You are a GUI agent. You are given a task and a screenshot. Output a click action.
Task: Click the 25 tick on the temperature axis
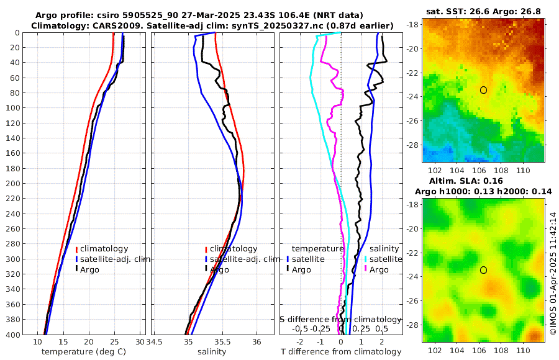point(114,341)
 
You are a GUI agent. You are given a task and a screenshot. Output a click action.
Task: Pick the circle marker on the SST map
point(483,90)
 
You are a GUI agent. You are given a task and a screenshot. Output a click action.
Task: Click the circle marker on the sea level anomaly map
point(483,270)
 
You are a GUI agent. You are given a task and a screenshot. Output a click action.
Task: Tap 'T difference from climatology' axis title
point(341,352)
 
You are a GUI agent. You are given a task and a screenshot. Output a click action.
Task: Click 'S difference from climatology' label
point(341,319)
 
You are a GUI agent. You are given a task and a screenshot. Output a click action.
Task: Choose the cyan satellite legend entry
point(382,259)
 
